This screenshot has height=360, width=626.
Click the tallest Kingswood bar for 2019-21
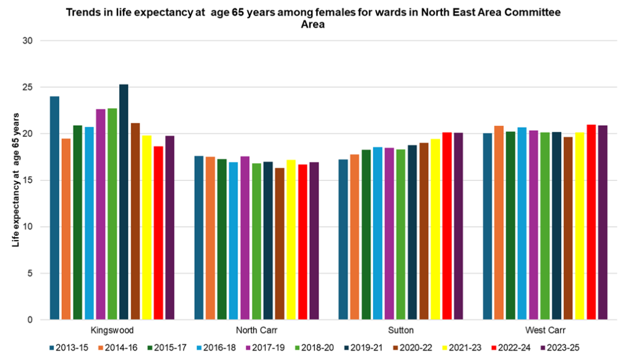123,202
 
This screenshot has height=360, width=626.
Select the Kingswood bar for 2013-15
55,208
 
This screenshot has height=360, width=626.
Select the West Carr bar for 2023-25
603,222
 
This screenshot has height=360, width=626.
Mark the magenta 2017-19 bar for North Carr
245,238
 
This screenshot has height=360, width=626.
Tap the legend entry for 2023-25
559,348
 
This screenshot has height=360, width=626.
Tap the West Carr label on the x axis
545,330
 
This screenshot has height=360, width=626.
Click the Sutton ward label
400,330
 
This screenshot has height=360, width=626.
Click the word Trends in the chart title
82,12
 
